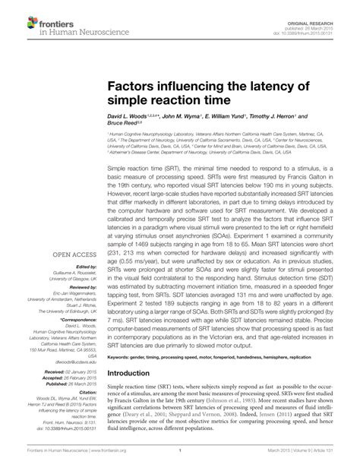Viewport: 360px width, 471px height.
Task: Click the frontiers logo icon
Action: tap(14, 14)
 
